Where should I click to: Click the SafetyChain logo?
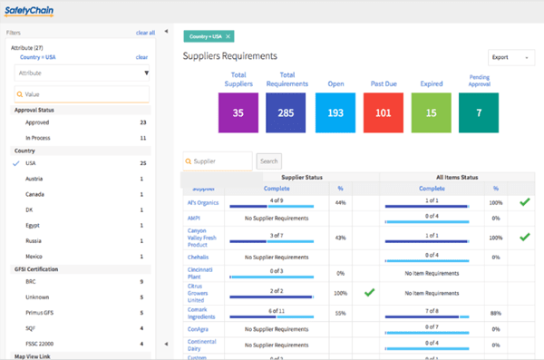[28, 12]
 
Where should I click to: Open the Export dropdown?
[510, 57]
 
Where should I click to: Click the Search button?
[269, 161]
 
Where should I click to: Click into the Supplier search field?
[218, 161]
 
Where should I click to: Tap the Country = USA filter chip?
[209, 36]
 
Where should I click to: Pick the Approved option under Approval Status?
[37, 121]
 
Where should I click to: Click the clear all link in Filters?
[145, 33]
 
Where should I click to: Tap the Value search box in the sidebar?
[81, 94]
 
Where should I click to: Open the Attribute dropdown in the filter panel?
[81, 73]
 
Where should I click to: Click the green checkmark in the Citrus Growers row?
[368, 293]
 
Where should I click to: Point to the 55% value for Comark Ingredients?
[340, 313]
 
